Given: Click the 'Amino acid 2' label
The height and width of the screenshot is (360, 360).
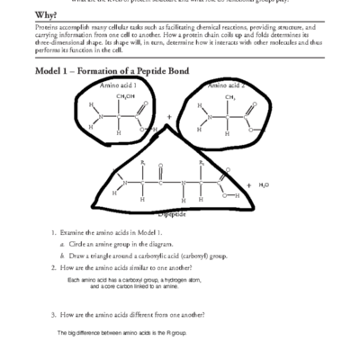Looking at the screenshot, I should [x=224, y=85].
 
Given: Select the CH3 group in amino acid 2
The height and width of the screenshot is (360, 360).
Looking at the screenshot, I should [x=229, y=96].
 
